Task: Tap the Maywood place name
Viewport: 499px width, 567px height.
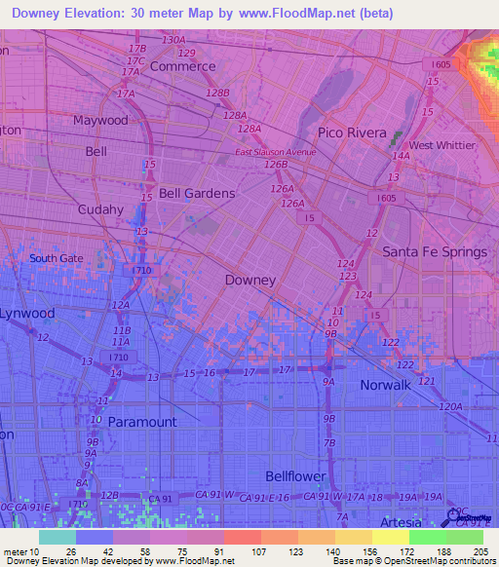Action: [100, 121]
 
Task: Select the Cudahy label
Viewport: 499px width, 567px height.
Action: [101, 209]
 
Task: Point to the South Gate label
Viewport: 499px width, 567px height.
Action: [57, 258]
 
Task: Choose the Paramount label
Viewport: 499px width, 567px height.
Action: [142, 422]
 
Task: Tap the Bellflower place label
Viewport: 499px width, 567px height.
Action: [297, 475]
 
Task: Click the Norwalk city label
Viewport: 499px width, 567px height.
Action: [384, 385]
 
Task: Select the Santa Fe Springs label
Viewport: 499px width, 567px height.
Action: [434, 252]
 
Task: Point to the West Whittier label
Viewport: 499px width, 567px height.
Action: [441, 145]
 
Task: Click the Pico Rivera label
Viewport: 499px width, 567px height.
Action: [352, 132]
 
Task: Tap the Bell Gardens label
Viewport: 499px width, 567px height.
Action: [197, 194]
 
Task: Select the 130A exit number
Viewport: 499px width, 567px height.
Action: [173, 40]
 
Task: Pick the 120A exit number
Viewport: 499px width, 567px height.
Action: [449, 407]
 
